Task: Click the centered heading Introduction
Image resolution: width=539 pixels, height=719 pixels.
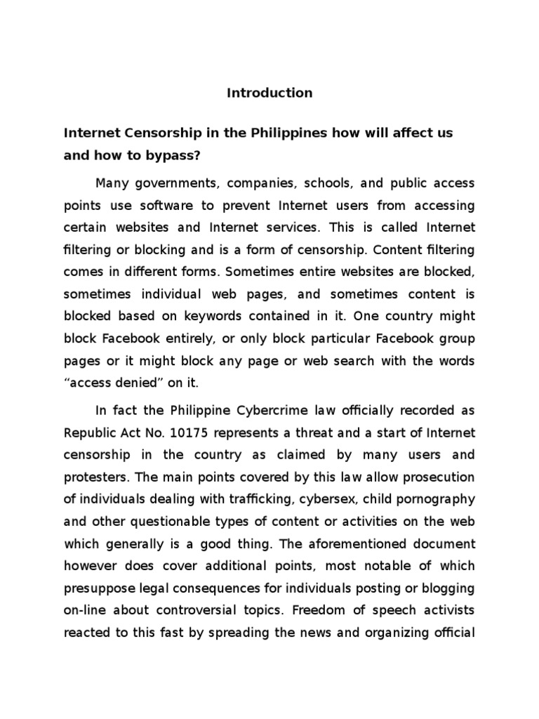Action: point(269,93)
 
